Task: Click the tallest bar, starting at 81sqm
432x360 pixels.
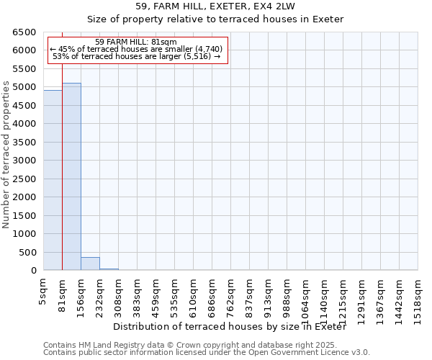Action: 71,176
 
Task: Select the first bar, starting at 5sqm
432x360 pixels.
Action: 53,180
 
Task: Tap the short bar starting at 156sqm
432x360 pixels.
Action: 90,264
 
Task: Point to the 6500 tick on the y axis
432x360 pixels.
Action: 24,32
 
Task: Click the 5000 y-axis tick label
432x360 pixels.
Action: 24,87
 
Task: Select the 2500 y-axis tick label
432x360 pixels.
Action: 24,179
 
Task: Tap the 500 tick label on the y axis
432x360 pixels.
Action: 27,253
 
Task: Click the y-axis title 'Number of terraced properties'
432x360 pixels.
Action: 6,154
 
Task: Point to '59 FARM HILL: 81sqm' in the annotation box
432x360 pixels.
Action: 136,42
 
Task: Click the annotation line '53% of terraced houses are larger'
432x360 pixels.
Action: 136,56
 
